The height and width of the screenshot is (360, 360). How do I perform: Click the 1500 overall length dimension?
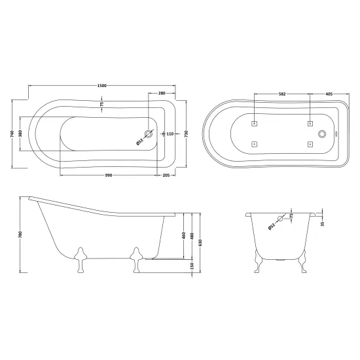point(102,86)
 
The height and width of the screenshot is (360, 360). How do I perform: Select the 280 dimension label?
point(162,93)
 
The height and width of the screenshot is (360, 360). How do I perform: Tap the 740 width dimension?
point(12,134)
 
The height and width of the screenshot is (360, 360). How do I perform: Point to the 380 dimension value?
point(20,134)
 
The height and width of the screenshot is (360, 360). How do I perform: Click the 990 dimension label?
point(109,175)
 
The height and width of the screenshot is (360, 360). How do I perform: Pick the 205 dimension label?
point(166,175)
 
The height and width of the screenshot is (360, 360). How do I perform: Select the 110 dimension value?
point(170,134)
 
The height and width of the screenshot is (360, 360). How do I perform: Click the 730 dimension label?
point(186,134)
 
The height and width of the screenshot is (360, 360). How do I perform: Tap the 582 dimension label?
point(282,94)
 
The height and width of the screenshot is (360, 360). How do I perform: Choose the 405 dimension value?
point(329,94)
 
